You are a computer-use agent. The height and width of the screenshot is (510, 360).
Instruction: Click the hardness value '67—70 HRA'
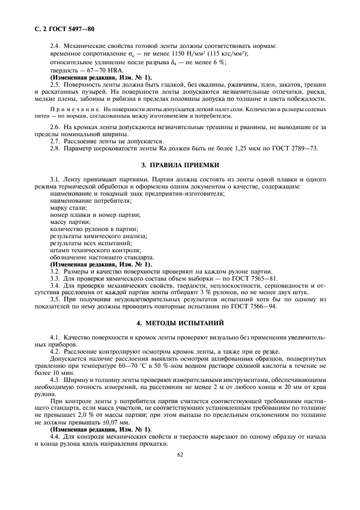[x=94, y=70]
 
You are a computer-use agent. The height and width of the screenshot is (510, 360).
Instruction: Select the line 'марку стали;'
[x=68, y=208]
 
